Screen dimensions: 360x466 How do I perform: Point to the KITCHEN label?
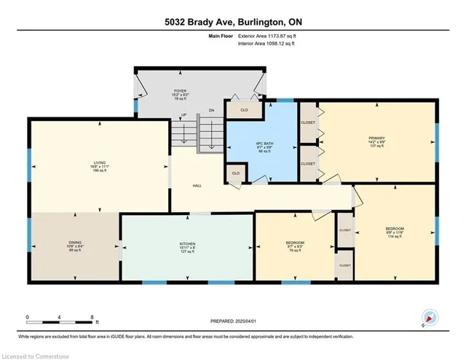coord(187,243)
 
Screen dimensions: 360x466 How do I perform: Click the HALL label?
coord(196,185)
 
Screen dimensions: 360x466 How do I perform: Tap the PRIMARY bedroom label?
coord(376,137)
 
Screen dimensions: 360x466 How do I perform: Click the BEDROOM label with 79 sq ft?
coord(294,242)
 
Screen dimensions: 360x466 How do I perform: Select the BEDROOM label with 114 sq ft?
coord(395,229)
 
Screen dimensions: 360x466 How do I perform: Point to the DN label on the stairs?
coord(211,110)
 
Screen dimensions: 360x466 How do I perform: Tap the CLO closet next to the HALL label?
coord(236,173)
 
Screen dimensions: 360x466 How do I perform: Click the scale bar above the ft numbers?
coord(60,316)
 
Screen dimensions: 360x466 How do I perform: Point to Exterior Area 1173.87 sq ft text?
coord(266,35)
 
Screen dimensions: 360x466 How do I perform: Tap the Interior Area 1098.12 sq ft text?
coord(266,44)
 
